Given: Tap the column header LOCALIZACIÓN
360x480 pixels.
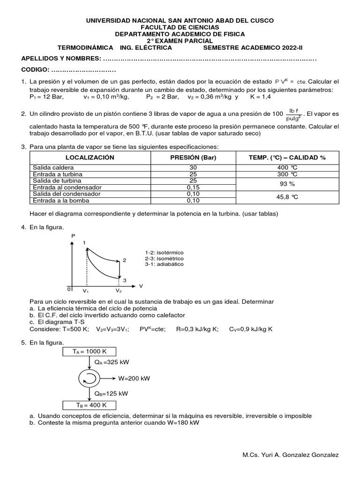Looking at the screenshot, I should coord(90,157).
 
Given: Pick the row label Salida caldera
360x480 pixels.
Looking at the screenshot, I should coord(53,167).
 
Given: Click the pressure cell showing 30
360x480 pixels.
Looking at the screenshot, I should coord(193,167).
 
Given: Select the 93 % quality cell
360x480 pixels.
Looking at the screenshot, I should coord(287,184).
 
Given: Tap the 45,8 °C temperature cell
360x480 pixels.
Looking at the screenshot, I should coord(287,197).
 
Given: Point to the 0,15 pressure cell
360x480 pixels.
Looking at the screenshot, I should coord(193,187).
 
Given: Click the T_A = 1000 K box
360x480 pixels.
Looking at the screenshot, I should coord(89,352).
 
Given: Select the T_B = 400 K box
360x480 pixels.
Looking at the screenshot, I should coord(89,405).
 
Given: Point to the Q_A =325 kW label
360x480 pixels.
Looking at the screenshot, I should coord(112,362).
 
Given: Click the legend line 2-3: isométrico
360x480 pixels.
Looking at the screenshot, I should coord(165,258).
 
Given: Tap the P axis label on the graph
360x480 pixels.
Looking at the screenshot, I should coord(73,236).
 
